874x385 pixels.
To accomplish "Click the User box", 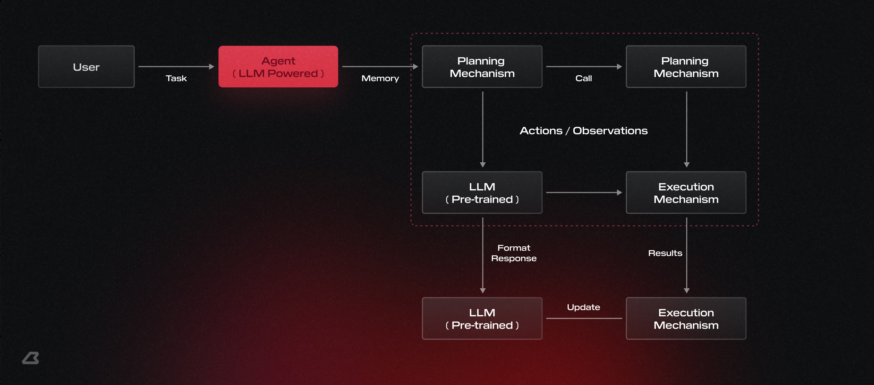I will pyautogui.click(x=86, y=67).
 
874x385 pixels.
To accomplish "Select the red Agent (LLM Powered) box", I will pyautogui.click(x=278, y=67).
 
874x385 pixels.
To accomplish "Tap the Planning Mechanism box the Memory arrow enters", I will pyautogui.click(x=482, y=67).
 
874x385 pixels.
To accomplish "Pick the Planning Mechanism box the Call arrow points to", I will pyautogui.click(x=686, y=67).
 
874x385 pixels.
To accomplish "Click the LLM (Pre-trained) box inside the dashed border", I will pyautogui.click(x=482, y=192).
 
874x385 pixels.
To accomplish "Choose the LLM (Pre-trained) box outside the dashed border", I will pyautogui.click(x=482, y=318).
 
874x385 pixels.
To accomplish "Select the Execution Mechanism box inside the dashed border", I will pyautogui.click(x=686, y=192).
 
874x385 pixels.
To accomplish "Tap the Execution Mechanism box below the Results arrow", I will pyautogui.click(x=686, y=318).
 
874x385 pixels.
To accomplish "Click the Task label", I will pyautogui.click(x=176, y=78).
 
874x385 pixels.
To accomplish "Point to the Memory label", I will pyautogui.click(x=380, y=78).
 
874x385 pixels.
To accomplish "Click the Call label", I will pyautogui.click(x=584, y=78).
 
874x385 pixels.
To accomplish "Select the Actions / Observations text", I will pyautogui.click(x=584, y=131).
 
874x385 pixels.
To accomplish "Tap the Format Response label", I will pyautogui.click(x=514, y=253).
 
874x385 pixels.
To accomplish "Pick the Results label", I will pyautogui.click(x=665, y=253).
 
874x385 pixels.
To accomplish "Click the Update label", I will pyautogui.click(x=583, y=307).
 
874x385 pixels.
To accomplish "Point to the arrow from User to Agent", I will pyautogui.click(x=176, y=67).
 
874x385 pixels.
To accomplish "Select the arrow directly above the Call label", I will pyautogui.click(x=584, y=67).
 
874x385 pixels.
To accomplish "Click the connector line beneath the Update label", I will pyautogui.click(x=584, y=318).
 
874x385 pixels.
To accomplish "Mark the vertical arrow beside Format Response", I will pyautogui.click(x=483, y=255).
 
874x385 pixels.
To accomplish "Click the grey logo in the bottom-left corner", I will pyautogui.click(x=31, y=358).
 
